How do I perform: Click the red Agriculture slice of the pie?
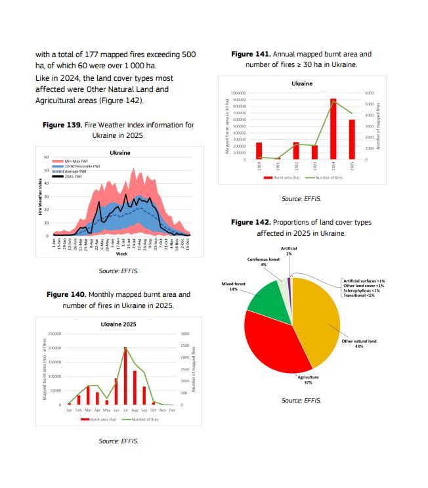coord(269,342)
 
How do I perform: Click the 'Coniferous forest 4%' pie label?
coord(263,261)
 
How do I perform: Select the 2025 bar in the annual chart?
coord(352,139)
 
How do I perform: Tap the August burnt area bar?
coord(135,388)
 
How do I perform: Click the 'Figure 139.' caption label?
coord(63,125)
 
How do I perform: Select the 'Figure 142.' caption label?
coord(251,223)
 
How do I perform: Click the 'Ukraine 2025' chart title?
coord(118,324)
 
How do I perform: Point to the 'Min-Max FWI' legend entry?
coord(75,161)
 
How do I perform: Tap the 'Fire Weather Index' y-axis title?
coord(40,197)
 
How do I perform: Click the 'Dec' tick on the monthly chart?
coord(172,410)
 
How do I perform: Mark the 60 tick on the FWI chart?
coord(47,158)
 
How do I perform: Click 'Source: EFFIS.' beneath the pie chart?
coord(301,401)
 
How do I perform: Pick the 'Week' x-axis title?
coord(122,254)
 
